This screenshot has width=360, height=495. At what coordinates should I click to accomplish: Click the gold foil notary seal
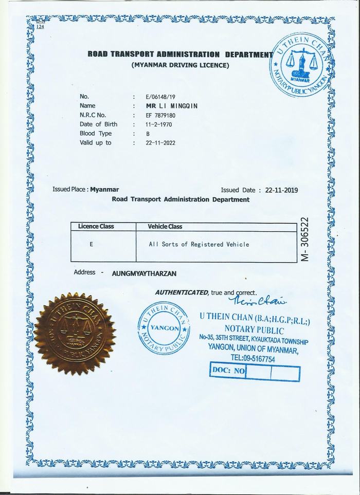click(x=78, y=333)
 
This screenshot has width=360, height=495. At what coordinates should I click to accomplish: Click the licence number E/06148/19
click(x=160, y=96)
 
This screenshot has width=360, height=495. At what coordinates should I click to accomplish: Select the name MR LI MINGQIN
click(x=172, y=105)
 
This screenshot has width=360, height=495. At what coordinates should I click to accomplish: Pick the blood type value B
click(x=148, y=134)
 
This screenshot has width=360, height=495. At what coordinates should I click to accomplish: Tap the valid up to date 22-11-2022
click(x=161, y=143)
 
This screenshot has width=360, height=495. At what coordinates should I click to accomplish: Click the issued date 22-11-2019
click(x=282, y=190)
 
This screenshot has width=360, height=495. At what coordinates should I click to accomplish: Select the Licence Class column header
click(x=96, y=226)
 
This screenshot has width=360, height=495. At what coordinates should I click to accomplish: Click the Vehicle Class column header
click(x=165, y=226)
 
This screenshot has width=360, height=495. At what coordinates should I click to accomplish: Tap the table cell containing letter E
click(x=91, y=245)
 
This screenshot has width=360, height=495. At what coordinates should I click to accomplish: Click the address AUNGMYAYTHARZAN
click(x=144, y=274)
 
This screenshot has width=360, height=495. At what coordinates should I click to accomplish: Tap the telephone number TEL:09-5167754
click(x=253, y=359)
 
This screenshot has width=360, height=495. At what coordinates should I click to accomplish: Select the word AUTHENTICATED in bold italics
click(x=182, y=292)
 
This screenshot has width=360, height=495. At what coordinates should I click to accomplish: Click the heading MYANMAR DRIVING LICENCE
click(x=181, y=65)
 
